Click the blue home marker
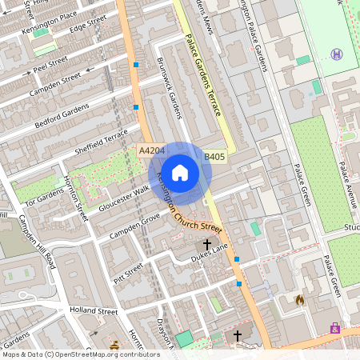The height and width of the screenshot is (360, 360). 180,172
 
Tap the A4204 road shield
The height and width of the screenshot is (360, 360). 151,150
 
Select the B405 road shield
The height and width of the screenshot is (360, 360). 214,158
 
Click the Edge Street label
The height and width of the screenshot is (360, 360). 88,24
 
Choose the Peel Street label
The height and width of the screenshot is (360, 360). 50,62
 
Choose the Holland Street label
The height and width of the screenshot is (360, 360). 93,310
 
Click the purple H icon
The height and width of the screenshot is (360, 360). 336,54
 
